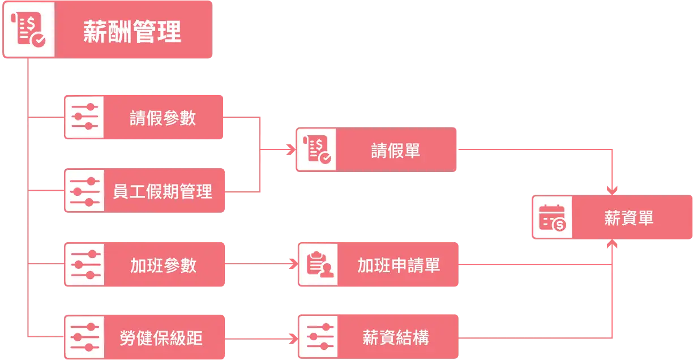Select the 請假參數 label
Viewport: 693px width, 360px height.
click(162, 118)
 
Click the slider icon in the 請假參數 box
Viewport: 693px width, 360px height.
click(84, 117)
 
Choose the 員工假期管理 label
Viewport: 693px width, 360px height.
click(162, 191)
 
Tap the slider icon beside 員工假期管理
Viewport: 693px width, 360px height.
click(84, 191)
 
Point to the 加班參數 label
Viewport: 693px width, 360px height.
click(163, 265)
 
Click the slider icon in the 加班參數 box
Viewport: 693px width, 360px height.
click(84, 265)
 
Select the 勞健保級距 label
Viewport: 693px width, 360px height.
click(161, 338)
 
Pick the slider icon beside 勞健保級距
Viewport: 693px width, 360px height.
click(84, 337)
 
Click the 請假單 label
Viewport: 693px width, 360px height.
click(395, 150)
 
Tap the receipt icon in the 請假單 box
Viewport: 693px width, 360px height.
click(316, 150)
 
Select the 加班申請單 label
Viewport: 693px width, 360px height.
click(398, 265)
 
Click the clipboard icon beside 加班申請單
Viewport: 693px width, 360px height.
click(319, 265)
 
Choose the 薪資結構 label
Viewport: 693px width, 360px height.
click(395, 338)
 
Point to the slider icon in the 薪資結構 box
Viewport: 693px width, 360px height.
click(318, 337)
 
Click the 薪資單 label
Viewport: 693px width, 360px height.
click(628, 218)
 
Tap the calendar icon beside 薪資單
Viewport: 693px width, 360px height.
click(552, 218)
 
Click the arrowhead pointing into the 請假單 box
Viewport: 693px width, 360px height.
click(292, 150)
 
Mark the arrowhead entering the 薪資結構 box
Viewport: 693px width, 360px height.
click(293, 338)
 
